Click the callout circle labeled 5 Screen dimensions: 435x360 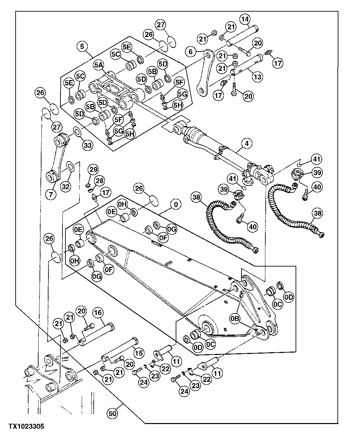pyautogui.click(x=82, y=47)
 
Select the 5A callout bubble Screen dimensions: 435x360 pyautogui.click(x=98, y=65)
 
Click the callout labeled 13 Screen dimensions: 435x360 pyautogui.click(x=257, y=77)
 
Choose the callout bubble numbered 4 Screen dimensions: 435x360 pyautogui.click(x=246, y=144)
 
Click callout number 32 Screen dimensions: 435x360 pyautogui.click(x=65, y=186)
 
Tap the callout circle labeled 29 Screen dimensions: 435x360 pyautogui.click(x=94, y=169)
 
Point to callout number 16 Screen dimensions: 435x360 pyautogui.click(x=98, y=313)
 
